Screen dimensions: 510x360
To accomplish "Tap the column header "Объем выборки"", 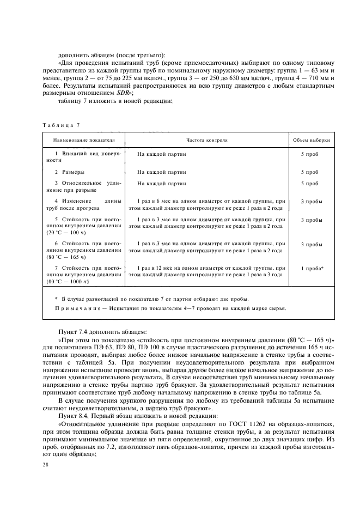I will tap(311, 140).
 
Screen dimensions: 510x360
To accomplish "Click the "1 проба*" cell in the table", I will tap(312, 269).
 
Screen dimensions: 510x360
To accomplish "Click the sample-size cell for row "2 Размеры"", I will tap(310, 172).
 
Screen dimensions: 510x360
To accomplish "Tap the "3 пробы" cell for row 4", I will tap(311, 202).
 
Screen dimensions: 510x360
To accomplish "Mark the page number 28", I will tap(45, 465).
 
